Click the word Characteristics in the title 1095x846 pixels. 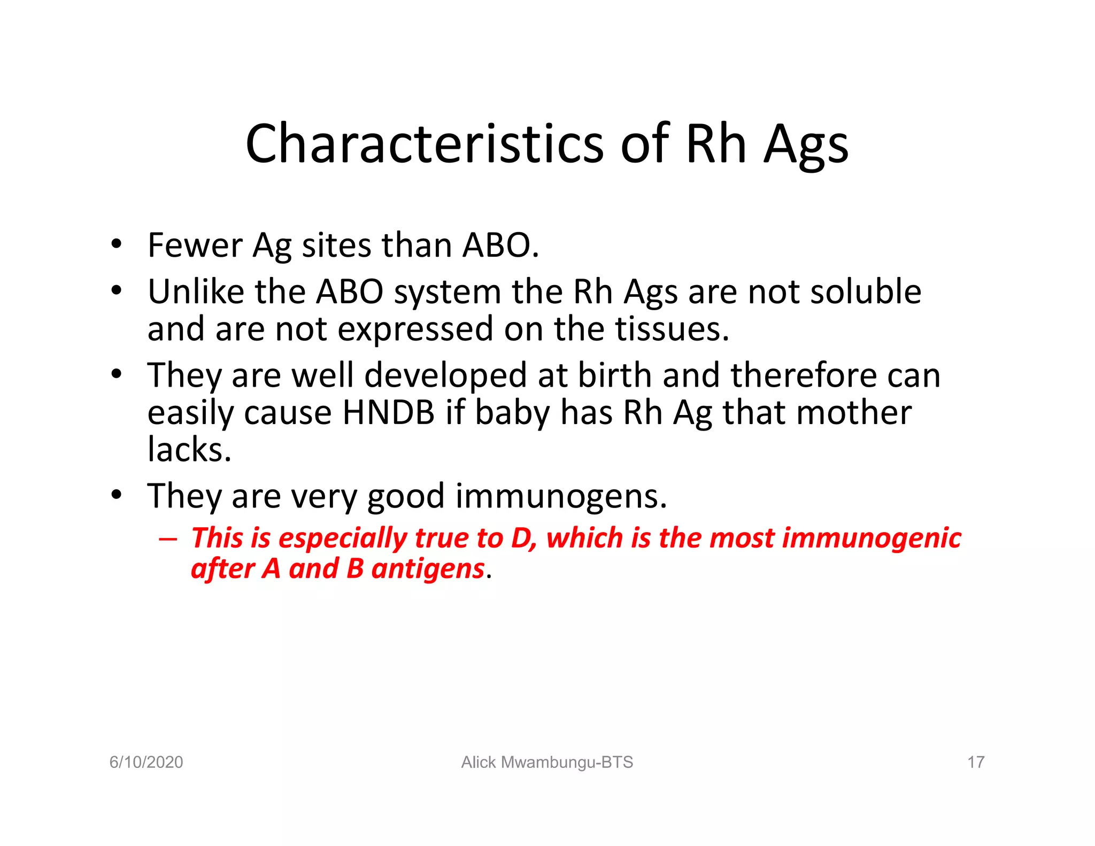[424, 144]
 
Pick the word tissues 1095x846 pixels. [671, 329]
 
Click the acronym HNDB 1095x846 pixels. [388, 413]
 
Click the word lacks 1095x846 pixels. [189, 449]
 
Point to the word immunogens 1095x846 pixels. [561, 496]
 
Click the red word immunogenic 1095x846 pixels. [872, 538]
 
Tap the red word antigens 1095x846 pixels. [428, 568]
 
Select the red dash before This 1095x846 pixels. [167, 539]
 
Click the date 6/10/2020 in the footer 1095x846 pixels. [146, 762]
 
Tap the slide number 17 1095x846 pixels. [976, 762]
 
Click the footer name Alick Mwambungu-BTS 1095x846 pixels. [547, 762]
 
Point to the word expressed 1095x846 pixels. [415, 329]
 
